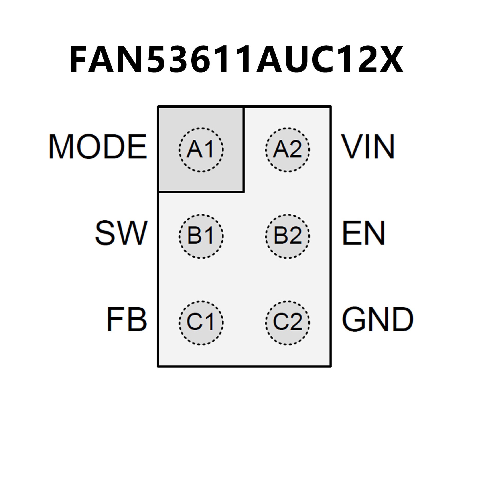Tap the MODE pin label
tap(98, 147)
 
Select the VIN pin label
tap(367, 147)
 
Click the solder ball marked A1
tap(201, 149)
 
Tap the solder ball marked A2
tap(287, 149)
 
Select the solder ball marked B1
tap(201, 236)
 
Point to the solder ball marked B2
tap(287, 236)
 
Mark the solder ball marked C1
tap(201, 322)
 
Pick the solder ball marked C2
tap(287, 322)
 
